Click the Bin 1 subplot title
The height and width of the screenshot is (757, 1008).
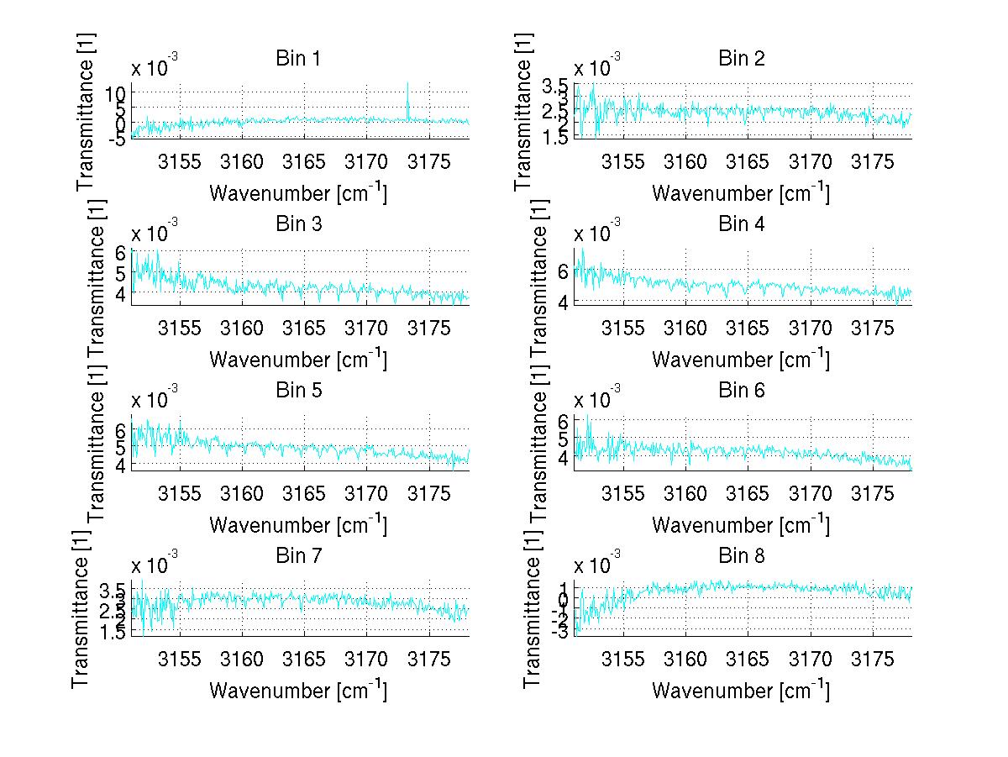coord(298,59)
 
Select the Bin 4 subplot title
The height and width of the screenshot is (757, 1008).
coord(742,224)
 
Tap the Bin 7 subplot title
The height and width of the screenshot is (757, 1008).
coord(298,555)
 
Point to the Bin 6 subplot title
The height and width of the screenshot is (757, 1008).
coord(742,390)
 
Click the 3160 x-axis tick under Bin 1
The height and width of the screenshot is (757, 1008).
coord(242,161)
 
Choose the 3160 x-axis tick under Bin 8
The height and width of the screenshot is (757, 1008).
coord(686,658)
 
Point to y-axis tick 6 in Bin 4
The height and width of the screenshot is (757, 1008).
coord(562,270)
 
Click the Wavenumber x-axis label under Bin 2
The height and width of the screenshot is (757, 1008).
coord(741,192)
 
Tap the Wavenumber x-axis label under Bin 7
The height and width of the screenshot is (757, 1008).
coord(298,690)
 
